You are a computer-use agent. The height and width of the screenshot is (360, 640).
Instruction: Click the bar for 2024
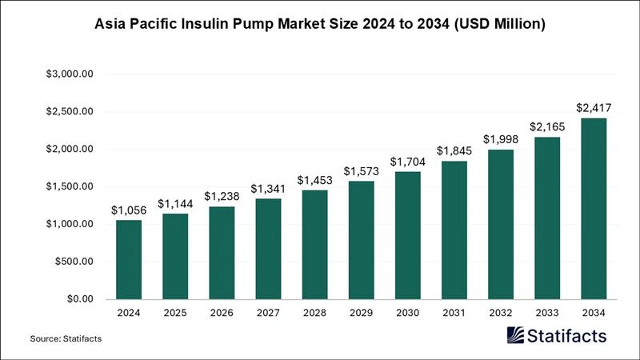coord(129,259)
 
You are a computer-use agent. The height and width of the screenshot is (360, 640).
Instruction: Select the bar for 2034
coord(594,208)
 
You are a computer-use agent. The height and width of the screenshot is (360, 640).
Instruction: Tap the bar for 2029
coord(361,240)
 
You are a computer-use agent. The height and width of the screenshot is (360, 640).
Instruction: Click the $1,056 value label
coord(129,210)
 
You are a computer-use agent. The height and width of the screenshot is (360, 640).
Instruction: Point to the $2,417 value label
coord(594,107)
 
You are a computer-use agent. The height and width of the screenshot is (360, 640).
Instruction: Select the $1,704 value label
coord(407,161)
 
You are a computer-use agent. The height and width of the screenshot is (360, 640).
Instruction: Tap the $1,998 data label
coord(500,139)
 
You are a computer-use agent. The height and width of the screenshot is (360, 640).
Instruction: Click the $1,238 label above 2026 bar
coord(222,196)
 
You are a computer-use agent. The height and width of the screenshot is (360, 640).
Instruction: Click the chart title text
coord(320,25)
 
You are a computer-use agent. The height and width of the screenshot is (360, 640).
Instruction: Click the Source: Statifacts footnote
coord(66,339)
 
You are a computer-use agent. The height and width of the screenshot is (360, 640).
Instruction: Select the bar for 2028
coord(314,244)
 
